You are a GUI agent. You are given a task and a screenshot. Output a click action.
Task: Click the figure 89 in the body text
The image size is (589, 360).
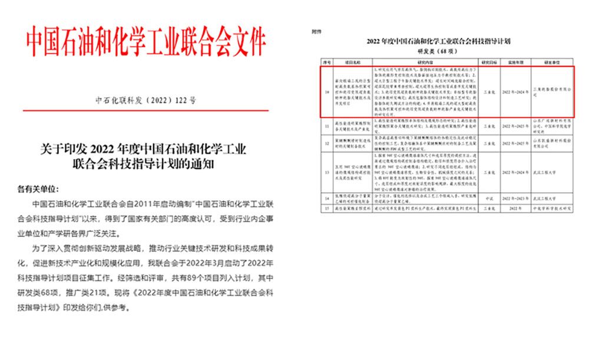[x=180, y=283]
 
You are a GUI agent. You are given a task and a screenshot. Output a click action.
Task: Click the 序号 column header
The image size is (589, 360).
[x=327, y=61]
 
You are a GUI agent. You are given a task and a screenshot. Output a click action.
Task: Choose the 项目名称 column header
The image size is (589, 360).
[x=352, y=61]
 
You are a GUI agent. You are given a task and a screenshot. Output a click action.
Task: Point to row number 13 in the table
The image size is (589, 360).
[x=327, y=171]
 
